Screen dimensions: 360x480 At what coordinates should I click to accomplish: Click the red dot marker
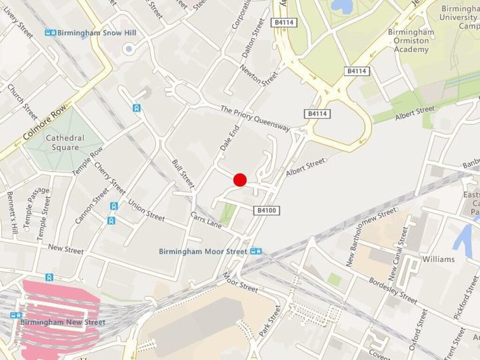(240, 180)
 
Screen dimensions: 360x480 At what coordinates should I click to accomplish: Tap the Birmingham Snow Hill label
(97, 33)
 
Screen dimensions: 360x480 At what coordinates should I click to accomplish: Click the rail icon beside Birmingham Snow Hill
(50, 33)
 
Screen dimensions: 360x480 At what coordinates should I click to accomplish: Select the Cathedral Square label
(65, 143)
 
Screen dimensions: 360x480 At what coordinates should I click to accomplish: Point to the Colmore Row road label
(45, 123)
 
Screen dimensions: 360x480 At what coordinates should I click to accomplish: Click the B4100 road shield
(267, 211)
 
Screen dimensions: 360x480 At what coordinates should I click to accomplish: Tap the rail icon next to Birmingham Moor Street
(256, 251)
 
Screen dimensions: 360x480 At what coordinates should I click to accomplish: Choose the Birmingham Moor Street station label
(202, 252)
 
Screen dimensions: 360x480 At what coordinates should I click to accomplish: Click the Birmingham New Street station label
(63, 322)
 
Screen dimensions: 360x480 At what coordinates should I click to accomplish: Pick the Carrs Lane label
(206, 220)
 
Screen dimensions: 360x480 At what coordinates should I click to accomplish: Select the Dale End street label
(230, 138)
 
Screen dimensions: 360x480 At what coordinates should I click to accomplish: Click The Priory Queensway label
(255, 118)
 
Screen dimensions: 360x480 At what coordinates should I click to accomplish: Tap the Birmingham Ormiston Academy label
(411, 41)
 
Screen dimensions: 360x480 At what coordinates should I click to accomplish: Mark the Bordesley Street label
(393, 290)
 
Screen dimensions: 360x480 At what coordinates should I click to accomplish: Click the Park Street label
(270, 321)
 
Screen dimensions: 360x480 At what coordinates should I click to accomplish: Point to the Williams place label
(438, 259)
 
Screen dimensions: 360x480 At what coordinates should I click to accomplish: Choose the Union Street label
(146, 210)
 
